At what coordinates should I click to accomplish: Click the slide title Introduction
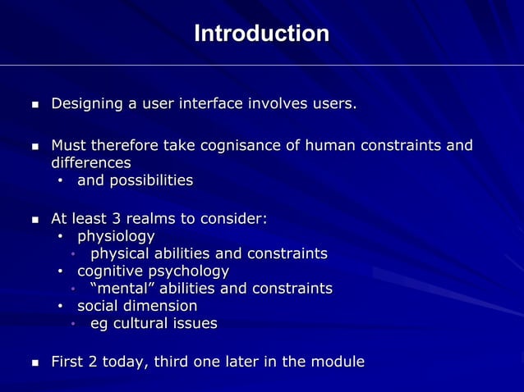pos(261,34)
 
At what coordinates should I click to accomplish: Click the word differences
pos(91,163)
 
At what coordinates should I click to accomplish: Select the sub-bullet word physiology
pos(116,236)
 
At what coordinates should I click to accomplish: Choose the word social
pos(99,306)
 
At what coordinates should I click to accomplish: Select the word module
pos(338,362)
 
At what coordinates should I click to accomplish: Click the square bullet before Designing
pos(34,105)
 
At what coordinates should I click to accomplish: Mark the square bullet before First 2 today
pos(34,362)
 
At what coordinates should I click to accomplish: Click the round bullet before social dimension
pos(61,307)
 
